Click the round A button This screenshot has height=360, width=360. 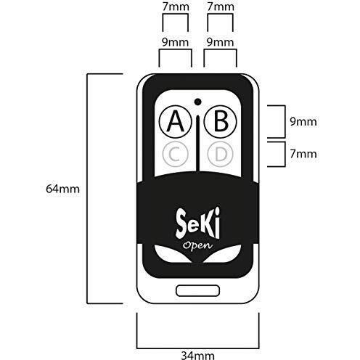click(x=176, y=121)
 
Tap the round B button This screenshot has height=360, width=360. click(x=221, y=121)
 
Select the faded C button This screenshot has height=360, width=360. click(x=176, y=154)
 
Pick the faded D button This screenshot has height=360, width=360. click(x=221, y=154)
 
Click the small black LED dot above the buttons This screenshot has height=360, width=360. click(x=197, y=102)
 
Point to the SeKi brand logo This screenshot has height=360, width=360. click(x=198, y=223)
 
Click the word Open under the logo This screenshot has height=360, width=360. click(x=197, y=246)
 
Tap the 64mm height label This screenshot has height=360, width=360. click(x=62, y=189)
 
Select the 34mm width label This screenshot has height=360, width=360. click(x=197, y=356)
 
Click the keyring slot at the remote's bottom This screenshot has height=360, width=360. click(x=198, y=290)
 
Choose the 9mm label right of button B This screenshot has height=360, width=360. click(x=303, y=121)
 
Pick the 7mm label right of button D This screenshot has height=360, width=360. click(x=303, y=154)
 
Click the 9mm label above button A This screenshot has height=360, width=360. click(x=175, y=42)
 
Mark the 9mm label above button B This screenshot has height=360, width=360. click(x=220, y=42)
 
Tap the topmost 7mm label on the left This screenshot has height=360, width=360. click(x=176, y=7)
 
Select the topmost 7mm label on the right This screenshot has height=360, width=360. click(x=221, y=7)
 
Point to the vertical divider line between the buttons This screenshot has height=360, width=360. click(x=198, y=143)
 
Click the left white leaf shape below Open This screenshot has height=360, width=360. click(x=172, y=253)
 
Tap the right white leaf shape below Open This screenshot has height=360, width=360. click(x=223, y=253)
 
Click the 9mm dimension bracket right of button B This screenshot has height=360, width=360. click(x=285, y=121)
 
